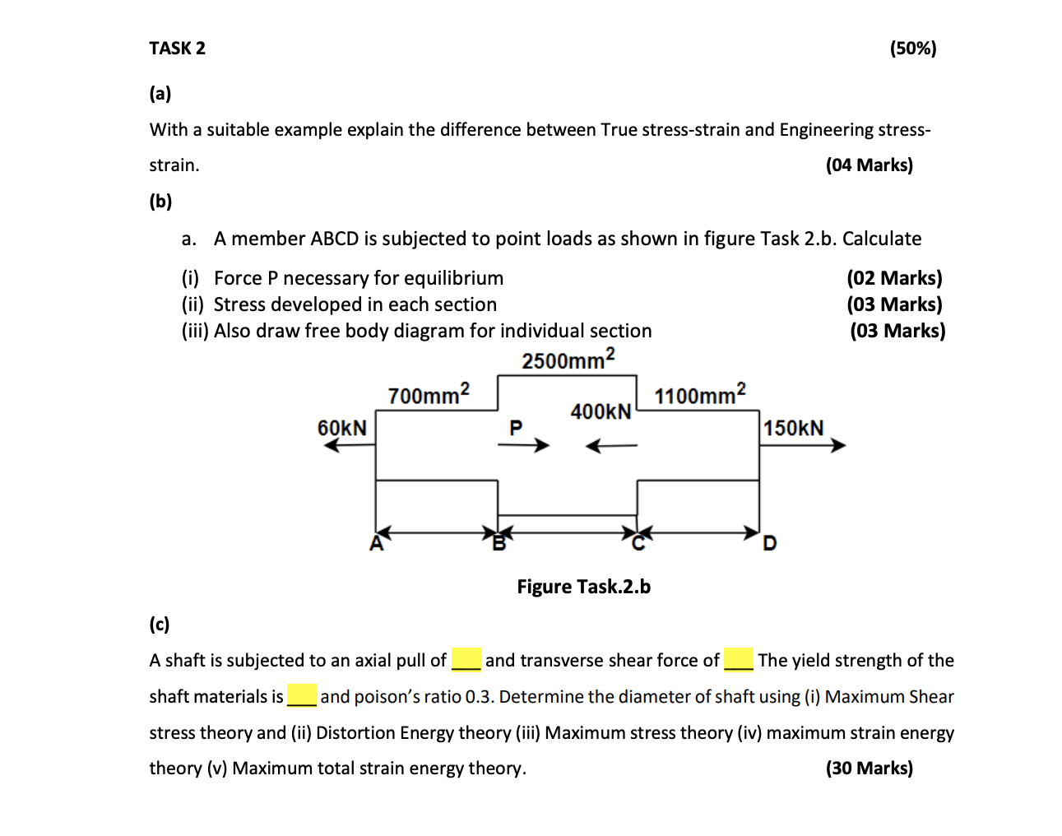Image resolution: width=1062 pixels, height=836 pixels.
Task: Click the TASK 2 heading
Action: pos(177,49)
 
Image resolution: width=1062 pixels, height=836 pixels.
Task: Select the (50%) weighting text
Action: pos(912,49)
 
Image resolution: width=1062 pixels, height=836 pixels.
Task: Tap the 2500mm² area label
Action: pos(568,360)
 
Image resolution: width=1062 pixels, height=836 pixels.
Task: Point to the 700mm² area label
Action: pos(429,394)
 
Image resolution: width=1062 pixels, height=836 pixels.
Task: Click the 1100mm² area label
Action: pos(700,395)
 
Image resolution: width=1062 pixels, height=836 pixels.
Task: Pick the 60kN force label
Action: pos(342,428)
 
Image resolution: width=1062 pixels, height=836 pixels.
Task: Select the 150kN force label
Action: pos(793,428)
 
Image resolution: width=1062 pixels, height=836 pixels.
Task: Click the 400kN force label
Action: pos(601,411)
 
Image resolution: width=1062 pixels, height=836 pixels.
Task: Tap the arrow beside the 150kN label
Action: pos(802,446)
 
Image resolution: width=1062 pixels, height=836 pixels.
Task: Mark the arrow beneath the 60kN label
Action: pos(350,445)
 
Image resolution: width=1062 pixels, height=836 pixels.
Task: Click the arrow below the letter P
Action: pos(523,445)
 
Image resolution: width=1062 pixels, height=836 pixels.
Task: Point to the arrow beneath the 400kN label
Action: pos(611,446)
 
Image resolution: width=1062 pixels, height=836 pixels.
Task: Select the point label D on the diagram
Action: pos(770,543)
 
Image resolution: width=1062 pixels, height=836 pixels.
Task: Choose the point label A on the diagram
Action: pos(377,543)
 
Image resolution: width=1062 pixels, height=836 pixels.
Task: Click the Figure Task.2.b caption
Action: pos(583,587)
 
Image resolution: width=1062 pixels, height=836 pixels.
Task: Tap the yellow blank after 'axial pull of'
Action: pos(466,660)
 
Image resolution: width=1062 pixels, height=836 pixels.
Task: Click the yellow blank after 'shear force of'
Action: pos(739,660)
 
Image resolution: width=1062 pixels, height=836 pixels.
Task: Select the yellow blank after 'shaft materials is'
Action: pos(302,696)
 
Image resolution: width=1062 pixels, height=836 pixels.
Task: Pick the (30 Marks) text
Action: pos(869,769)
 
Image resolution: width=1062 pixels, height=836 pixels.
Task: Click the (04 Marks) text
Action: pos(869,165)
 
